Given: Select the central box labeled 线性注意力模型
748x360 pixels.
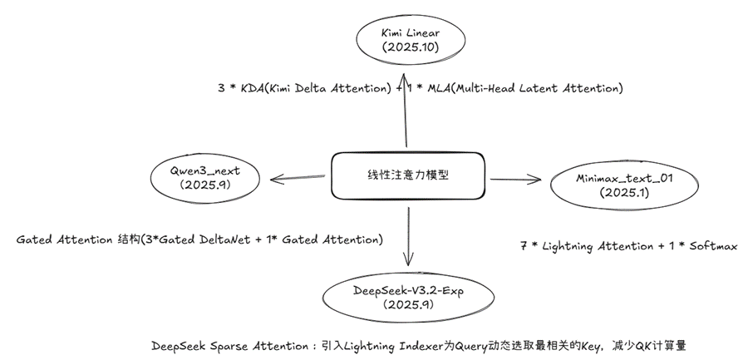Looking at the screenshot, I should (x=406, y=176).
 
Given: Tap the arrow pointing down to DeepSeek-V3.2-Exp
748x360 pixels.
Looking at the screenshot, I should (x=408, y=233).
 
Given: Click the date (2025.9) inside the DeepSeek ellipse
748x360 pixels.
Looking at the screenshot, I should (x=409, y=305).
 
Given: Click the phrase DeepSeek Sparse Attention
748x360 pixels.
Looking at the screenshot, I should (x=229, y=344).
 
